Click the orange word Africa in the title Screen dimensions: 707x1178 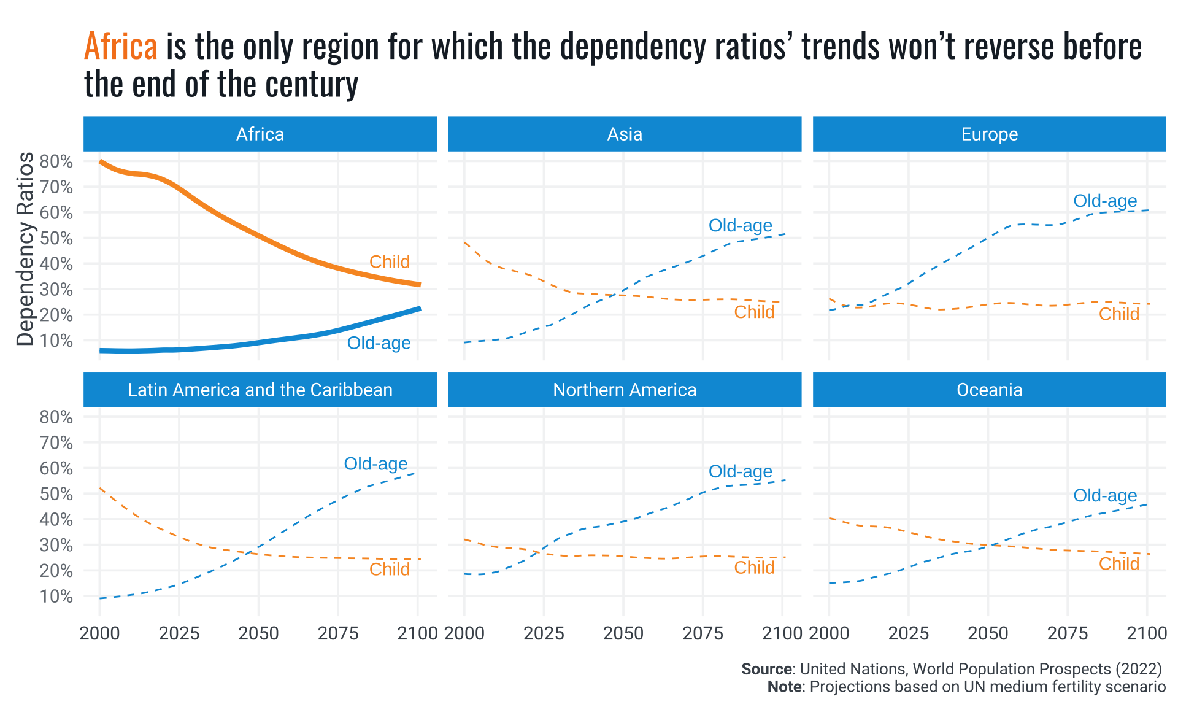click(x=121, y=47)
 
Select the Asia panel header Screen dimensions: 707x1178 click(x=625, y=134)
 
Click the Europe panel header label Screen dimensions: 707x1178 click(x=989, y=134)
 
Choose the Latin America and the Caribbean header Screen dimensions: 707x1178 click(x=260, y=390)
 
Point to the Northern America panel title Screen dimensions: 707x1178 click(x=625, y=390)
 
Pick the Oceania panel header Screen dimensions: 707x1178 click(x=989, y=390)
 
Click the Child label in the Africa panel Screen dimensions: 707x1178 click(x=390, y=262)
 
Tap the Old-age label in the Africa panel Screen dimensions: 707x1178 click(x=379, y=343)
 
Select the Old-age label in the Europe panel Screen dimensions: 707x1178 click(x=1105, y=201)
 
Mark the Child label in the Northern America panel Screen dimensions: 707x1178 click(x=754, y=568)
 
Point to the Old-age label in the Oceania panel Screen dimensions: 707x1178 click(x=1105, y=496)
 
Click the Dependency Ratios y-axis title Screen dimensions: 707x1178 click(x=25, y=249)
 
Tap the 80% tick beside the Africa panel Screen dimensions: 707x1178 click(x=56, y=162)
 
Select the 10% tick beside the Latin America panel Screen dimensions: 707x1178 click(x=56, y=597)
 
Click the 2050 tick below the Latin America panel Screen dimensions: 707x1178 click(x=258, y=633)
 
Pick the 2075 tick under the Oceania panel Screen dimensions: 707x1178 click(x=1068, y=633)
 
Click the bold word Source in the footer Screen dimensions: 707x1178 click(x=766, y=669)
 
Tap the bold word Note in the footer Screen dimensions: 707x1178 click(x=784, y=687)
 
